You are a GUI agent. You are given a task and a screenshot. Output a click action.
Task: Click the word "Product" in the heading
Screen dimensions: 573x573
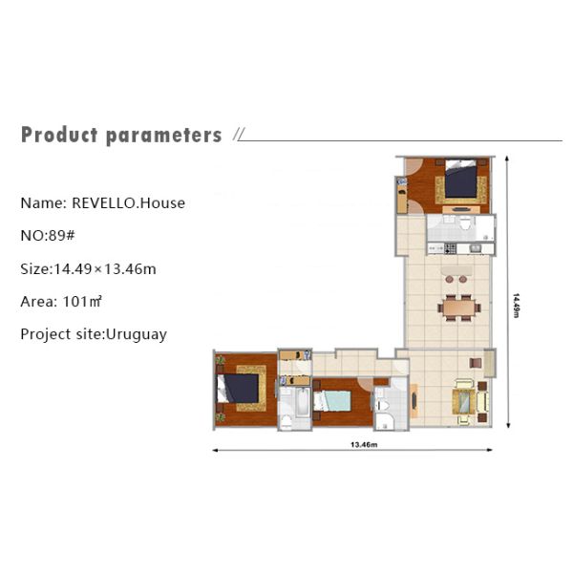(59, 135)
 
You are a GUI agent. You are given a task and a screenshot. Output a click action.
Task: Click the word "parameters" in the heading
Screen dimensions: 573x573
(163, 135)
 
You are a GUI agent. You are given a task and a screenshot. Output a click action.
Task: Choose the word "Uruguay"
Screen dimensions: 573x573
(137, 334)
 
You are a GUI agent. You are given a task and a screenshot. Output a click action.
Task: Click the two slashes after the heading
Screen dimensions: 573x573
(238, 136)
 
